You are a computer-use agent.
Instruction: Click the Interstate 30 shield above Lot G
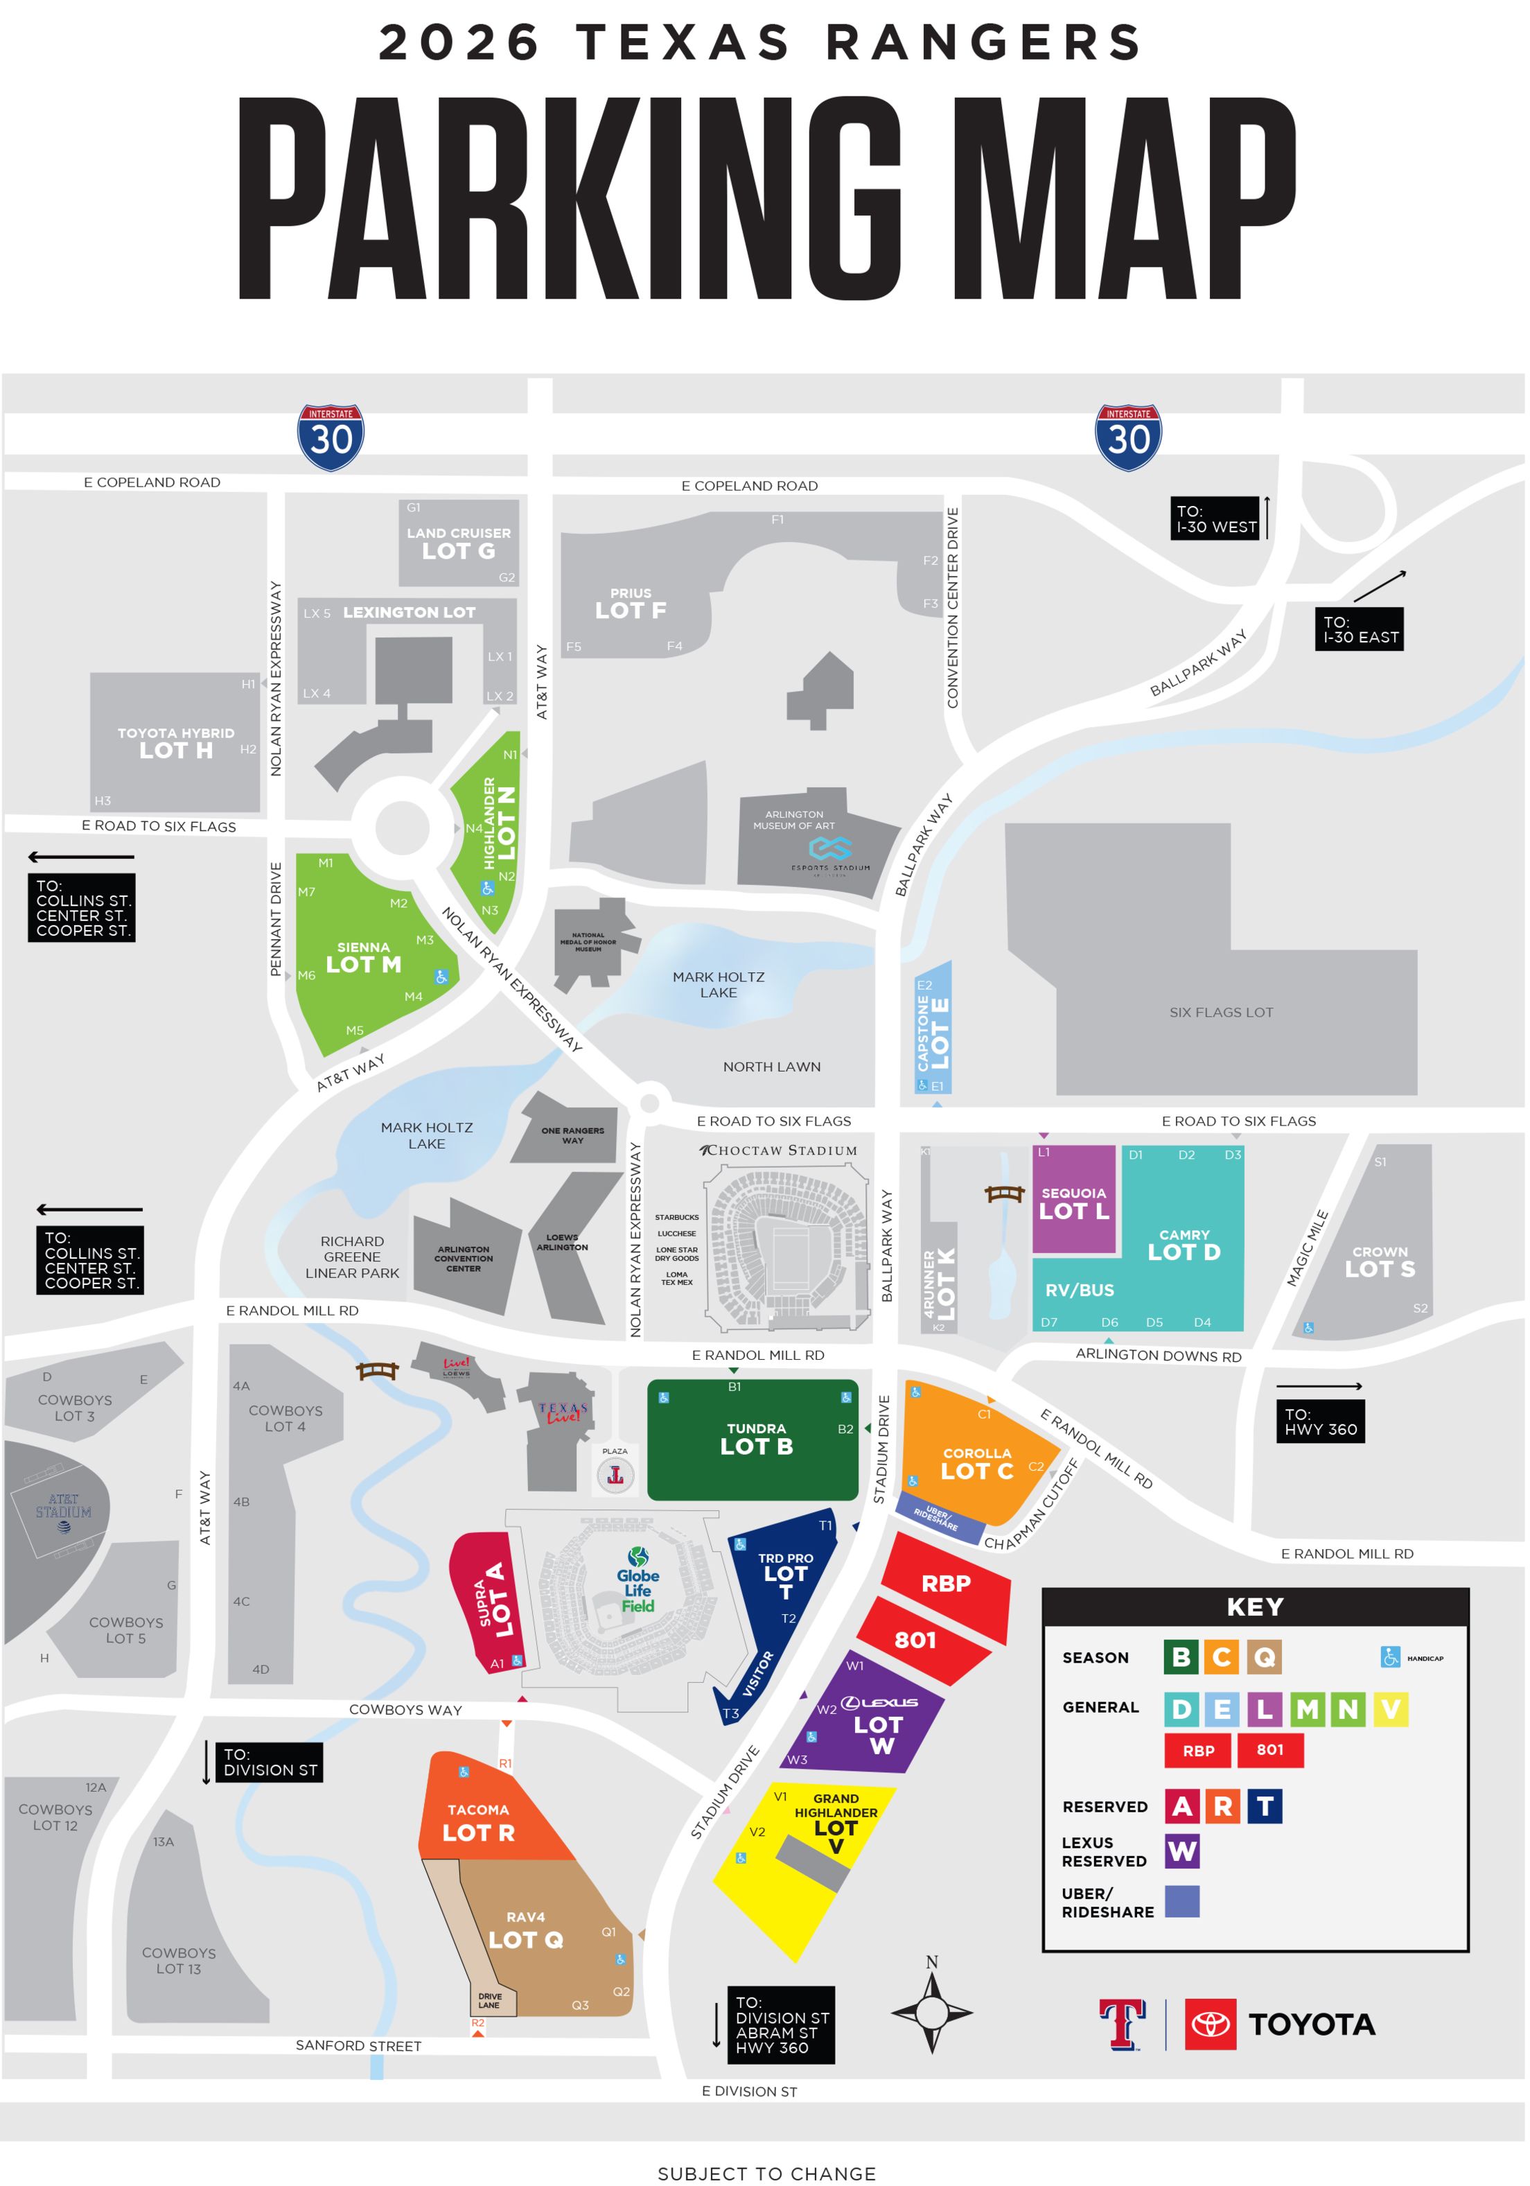point(331,437)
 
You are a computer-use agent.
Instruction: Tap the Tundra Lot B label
point(756,1439)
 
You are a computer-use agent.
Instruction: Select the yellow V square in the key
point(1389,1709)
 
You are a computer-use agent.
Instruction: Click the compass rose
point(931,2013)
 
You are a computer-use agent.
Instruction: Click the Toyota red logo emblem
point(1210,2024)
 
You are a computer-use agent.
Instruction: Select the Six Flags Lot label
point(1220,1012)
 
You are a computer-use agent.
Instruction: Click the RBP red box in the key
point(1197,1750)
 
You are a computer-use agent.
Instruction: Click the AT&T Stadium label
point(64,1506)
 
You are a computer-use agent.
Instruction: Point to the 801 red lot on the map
point(915,1640)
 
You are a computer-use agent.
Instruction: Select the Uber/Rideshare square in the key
point(1181,1901)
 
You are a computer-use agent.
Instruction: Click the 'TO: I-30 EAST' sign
point(1359,629)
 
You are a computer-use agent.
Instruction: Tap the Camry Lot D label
point(1184,1244)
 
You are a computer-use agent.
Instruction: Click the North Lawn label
point(771,1067)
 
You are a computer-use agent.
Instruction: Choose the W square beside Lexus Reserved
point(1181,1851)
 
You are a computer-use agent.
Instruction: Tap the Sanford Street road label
point(358,2045)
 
